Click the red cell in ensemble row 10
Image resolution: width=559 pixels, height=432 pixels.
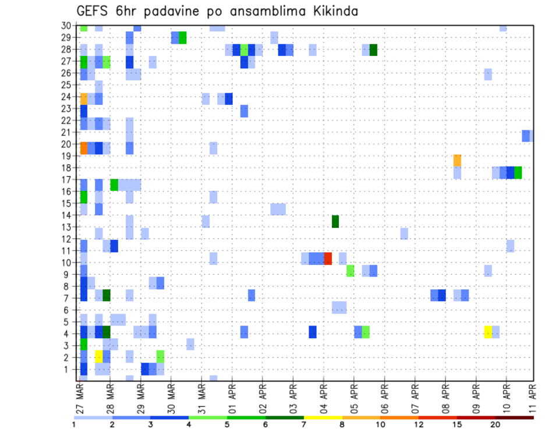[328, 259]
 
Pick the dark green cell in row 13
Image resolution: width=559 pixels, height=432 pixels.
[335, 221]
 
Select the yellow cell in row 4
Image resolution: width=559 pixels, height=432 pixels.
[488, 332]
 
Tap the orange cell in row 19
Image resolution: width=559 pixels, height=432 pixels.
[457, 160]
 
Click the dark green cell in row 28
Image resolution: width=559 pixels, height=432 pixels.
[373, 50]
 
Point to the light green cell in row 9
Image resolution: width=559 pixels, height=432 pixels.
[351, 271]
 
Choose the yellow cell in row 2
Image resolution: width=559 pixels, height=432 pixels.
[99, 356]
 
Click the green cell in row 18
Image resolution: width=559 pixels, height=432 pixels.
[518, 172]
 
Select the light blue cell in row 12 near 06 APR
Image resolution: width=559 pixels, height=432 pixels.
[404, 233]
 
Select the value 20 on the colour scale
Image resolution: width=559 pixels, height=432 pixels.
[495, 424]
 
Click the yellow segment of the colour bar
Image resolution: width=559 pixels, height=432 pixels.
[323, 417]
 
